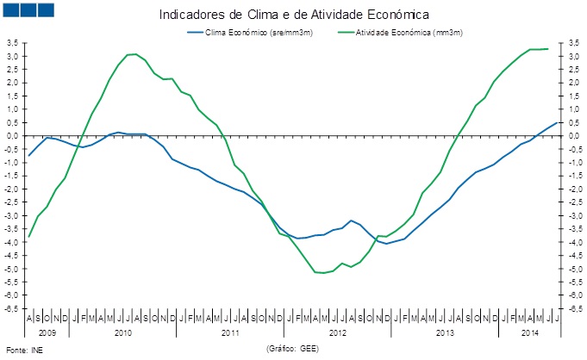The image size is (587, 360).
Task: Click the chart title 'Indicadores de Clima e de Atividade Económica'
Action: coord(294,15)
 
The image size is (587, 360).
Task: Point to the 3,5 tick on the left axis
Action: coord(13,43)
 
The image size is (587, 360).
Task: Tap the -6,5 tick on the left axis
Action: coord(12,308)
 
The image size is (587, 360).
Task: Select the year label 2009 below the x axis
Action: coord(47,332)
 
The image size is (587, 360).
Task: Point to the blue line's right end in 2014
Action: coord(557,122)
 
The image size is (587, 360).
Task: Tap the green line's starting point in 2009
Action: coord(28,237)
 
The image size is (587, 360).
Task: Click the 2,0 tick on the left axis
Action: coord(13,83)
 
